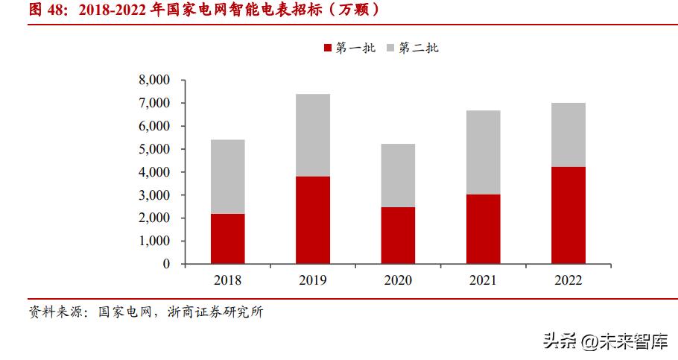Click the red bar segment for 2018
227,239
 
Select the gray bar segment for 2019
312,135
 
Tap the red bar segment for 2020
398,235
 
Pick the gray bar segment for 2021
483,152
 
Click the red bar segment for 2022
568,215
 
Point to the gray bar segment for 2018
227,177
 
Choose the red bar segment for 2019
312,220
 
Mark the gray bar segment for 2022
568,135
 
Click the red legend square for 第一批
328,48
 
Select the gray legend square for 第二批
390,48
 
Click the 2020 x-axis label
398,281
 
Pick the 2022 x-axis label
568,281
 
